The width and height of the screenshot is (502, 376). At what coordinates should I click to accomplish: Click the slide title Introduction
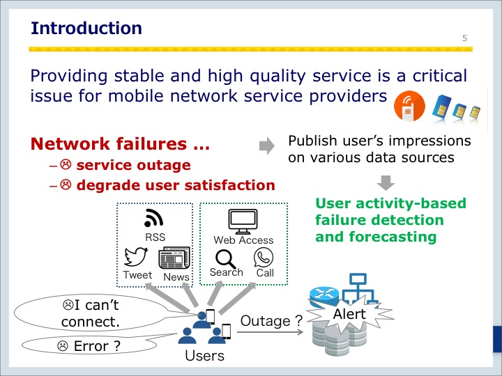click(x=86, y=28)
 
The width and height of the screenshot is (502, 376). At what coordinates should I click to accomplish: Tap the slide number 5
click(x=464, y=38)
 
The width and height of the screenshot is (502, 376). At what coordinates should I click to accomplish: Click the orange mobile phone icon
click(x=409, y=106)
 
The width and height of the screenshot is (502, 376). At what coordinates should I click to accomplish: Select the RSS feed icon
click(x=153, y=218)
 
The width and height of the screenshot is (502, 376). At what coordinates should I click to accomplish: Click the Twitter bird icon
click(x=136, y=257)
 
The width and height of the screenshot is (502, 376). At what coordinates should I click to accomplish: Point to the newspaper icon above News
click(x=174, y=258)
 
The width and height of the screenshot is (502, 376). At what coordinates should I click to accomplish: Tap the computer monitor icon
click(x=243, y=221)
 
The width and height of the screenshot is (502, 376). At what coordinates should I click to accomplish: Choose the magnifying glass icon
click(x=225, y=259)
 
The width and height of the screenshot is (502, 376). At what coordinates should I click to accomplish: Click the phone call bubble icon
click(x=264, y=258)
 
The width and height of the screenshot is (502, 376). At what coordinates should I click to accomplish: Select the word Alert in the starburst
click(x=349, y=314)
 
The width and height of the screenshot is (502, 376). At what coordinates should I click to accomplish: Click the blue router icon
click(x=324, y=296)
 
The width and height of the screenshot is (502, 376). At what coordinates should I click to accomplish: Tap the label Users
click(x=204, y=356)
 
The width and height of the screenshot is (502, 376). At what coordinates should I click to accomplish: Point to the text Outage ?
click(x=271, y=321)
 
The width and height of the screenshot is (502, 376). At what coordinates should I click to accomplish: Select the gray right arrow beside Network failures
click(x=266, y=146)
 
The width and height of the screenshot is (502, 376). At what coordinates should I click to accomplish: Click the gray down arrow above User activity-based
click(x=386, y=182)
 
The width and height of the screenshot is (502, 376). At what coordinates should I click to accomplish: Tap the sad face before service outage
click(x=66, y=164)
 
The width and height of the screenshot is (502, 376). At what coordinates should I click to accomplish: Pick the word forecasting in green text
click(x=393, y=237)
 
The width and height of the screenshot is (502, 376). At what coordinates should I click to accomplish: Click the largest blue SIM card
click(x=442, y=107)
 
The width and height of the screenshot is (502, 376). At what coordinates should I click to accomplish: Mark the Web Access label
click(x=243, y=240)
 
